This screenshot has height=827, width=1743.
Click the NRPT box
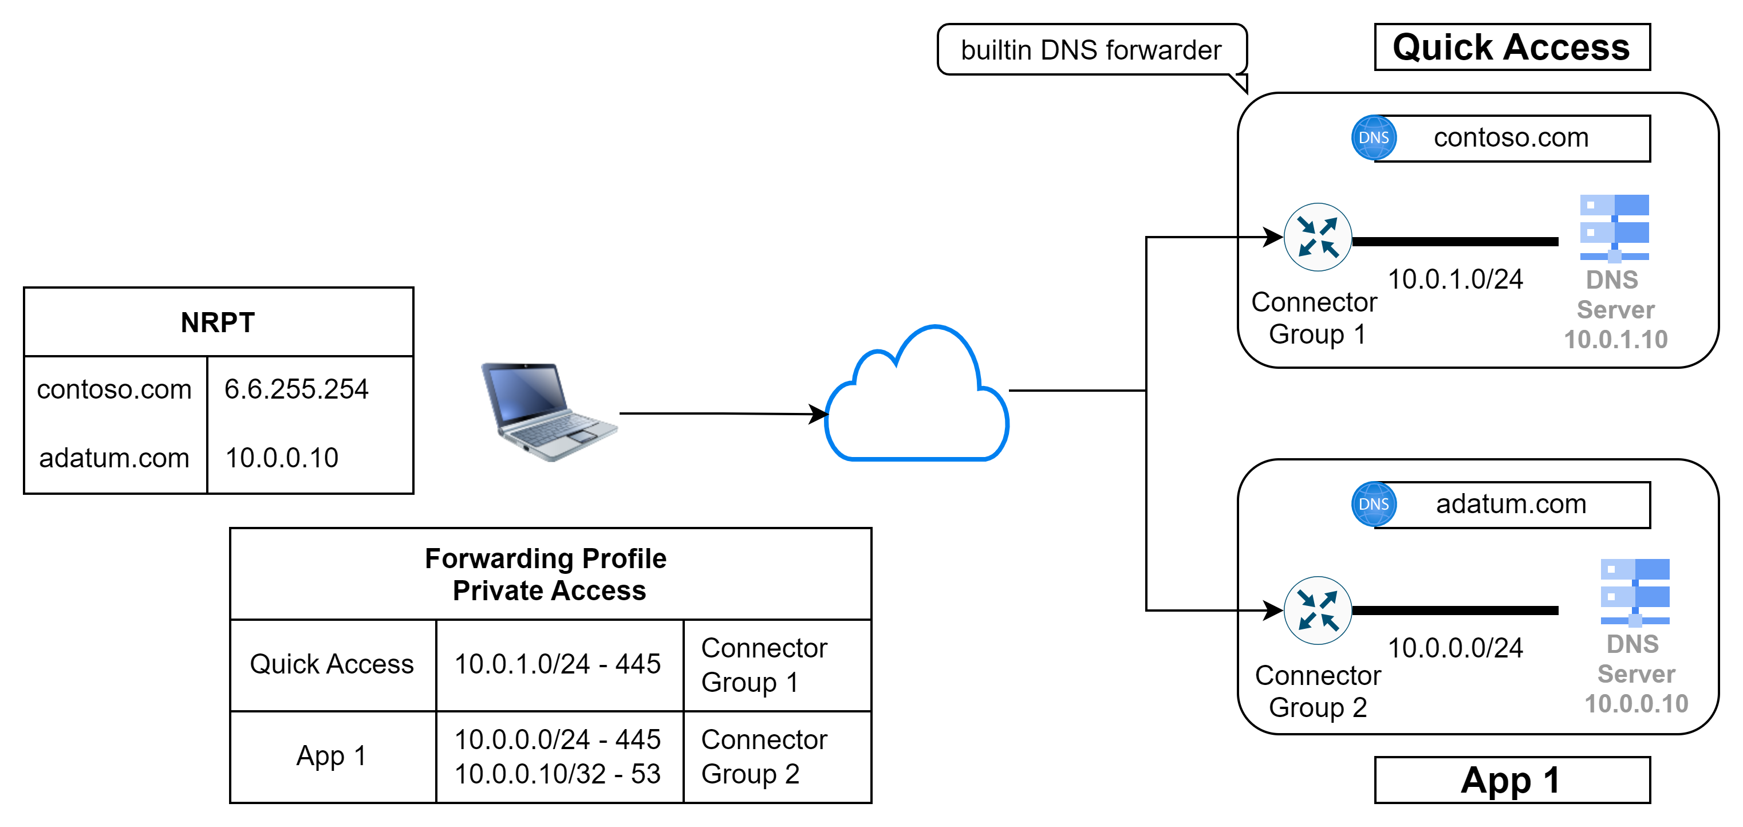click(218, 322)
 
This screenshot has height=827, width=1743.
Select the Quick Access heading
click(1512, 48)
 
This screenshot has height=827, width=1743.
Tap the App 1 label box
click(1512, 780)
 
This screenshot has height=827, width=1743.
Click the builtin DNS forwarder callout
click(1091, 50)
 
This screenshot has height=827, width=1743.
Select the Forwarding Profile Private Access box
click(550, 574)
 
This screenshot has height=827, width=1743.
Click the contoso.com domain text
click(1511, 138)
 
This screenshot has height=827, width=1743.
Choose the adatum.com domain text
click(1511, 504)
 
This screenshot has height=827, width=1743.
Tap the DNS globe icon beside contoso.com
click(1374, 137)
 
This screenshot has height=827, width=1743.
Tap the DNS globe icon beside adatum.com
click(1374, 504)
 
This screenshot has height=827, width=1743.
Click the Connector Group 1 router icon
click(1318, 237)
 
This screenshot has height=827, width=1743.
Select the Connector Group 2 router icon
click(1318, 611)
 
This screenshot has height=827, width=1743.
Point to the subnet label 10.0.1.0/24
click(1455, 279)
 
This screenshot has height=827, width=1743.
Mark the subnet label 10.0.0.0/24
click(1455, 648)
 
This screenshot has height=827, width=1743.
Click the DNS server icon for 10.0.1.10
click(1614, 228)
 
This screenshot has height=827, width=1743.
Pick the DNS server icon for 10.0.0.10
click(1635, 592)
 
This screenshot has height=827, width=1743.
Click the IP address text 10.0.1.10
click(1616, 340)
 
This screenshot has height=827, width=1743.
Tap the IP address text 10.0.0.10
click(1636, 704)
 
